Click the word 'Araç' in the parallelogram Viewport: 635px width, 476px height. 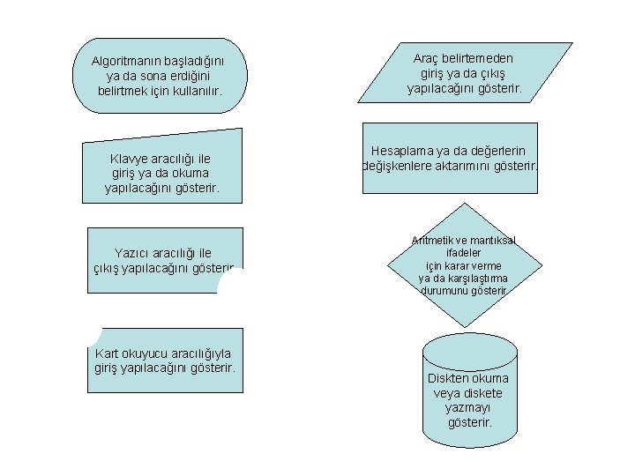point(429,58)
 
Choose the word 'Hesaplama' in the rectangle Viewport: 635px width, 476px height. point(406,151)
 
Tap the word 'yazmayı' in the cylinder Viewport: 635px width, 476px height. point(468,408)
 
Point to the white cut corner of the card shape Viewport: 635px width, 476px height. point(94,337)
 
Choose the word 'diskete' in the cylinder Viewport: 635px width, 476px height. point(482,393)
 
